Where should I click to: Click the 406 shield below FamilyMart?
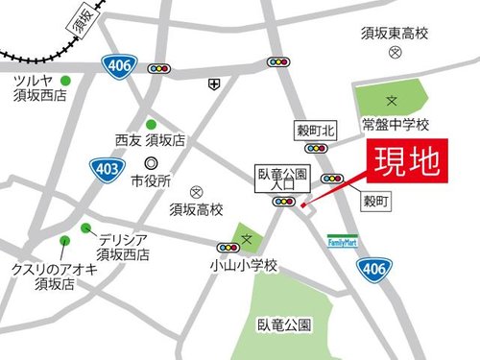pyautogui.click(x=377, y=273)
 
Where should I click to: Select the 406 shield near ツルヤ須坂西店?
pyautogui.click(x=117, y=66)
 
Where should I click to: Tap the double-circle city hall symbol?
pyautogui.click(x=151, y=163)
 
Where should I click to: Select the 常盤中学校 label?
pyautogui.click(x=396, y=126)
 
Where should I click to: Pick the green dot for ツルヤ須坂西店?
pyautogui.click(x=65, y=80)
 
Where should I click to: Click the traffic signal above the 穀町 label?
pyautogui.click(x=334, y=178)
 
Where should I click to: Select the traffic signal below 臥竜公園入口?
pyautogui.click(x=284, y=202)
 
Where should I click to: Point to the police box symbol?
pyautogui.click(x=211, y=84)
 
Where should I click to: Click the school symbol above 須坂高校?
pyautogui.click(x=196, y=192)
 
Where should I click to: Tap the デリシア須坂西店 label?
pyautogui.click(x=123, y=248)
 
